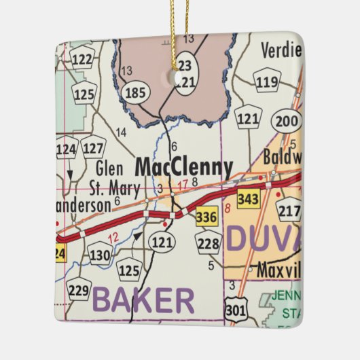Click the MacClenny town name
click(x=183, y=167)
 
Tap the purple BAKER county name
click(x=143, y=300)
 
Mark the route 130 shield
click(x=100, y=254)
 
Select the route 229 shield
click(x=79, y=290)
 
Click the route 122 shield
click(x=82, y=60)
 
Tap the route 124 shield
click(x=67, y=148)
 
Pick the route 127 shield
click(x=93, y=146)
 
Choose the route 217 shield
click(x=289, y=211)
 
